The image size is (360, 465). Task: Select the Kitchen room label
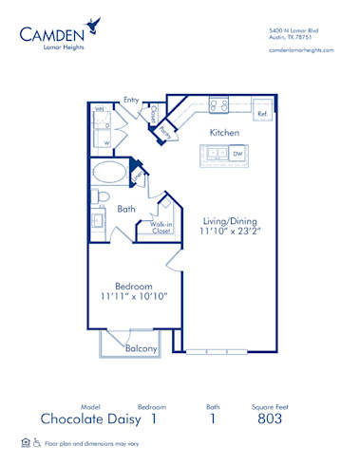(223, 133)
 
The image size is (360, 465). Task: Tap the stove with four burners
(218, 106)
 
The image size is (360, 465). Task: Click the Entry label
(131, 99)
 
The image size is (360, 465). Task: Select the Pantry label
(165, 131)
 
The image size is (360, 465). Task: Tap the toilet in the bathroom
(98, 196)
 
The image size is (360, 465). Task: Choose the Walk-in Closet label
(154, 227)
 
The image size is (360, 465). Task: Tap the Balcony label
(141, 348)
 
